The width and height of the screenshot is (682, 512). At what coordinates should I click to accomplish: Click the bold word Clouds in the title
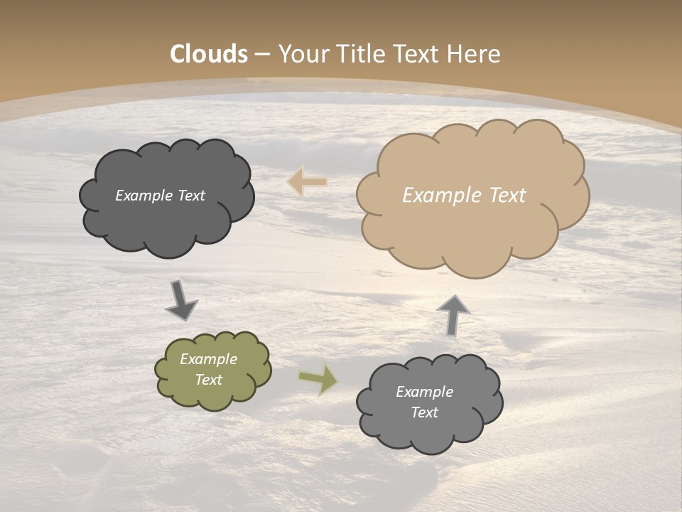[x=209, y=54]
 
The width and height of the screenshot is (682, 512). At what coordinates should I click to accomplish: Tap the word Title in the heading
[x=355, y=54]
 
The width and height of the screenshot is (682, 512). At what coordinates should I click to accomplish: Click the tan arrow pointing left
[x=307, y=182]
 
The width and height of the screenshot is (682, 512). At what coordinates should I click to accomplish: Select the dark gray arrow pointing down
[x=180, y=300]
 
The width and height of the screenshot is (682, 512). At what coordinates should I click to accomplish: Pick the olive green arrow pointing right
[x=319, y=379]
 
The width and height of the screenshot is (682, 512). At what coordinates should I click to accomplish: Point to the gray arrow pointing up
[x=453, y=314]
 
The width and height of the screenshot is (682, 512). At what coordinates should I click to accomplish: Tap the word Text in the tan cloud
[x=507, y=196]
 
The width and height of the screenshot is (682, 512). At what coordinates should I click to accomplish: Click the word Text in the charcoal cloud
[x=192, y=196]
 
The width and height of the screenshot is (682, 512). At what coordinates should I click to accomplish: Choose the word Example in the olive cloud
[x=208, y=359]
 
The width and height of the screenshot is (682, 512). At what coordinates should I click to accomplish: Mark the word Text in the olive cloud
[x=209, y=380]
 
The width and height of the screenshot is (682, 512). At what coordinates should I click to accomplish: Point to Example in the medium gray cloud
[x=424, y=392]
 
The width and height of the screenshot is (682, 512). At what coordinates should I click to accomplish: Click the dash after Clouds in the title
[x=261, y=54]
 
